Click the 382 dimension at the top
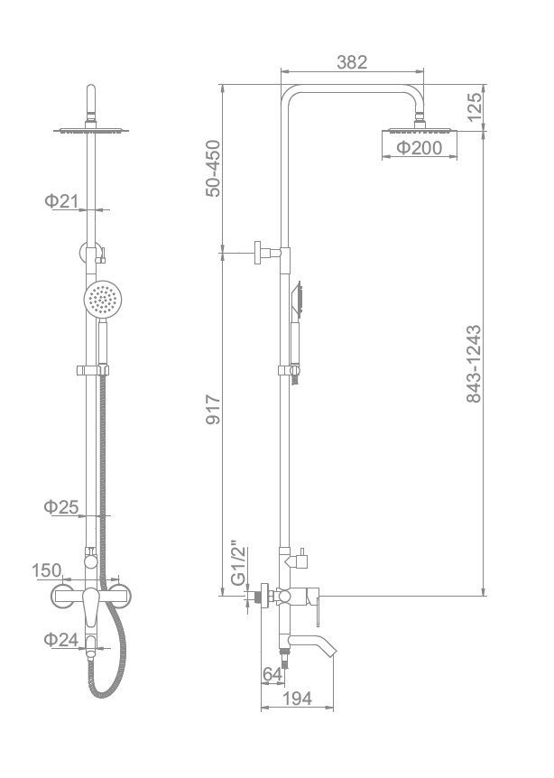coord(352,62)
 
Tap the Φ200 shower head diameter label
coord(420,147)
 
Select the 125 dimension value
coord(475,107)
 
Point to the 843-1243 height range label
coord(475,364)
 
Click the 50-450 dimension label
coord(213,169)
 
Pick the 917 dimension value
coord(213,410)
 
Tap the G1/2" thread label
coord(239,567)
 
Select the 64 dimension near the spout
coord(272,674)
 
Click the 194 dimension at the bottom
coord(297,699)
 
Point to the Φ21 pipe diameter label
coord(61,201)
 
